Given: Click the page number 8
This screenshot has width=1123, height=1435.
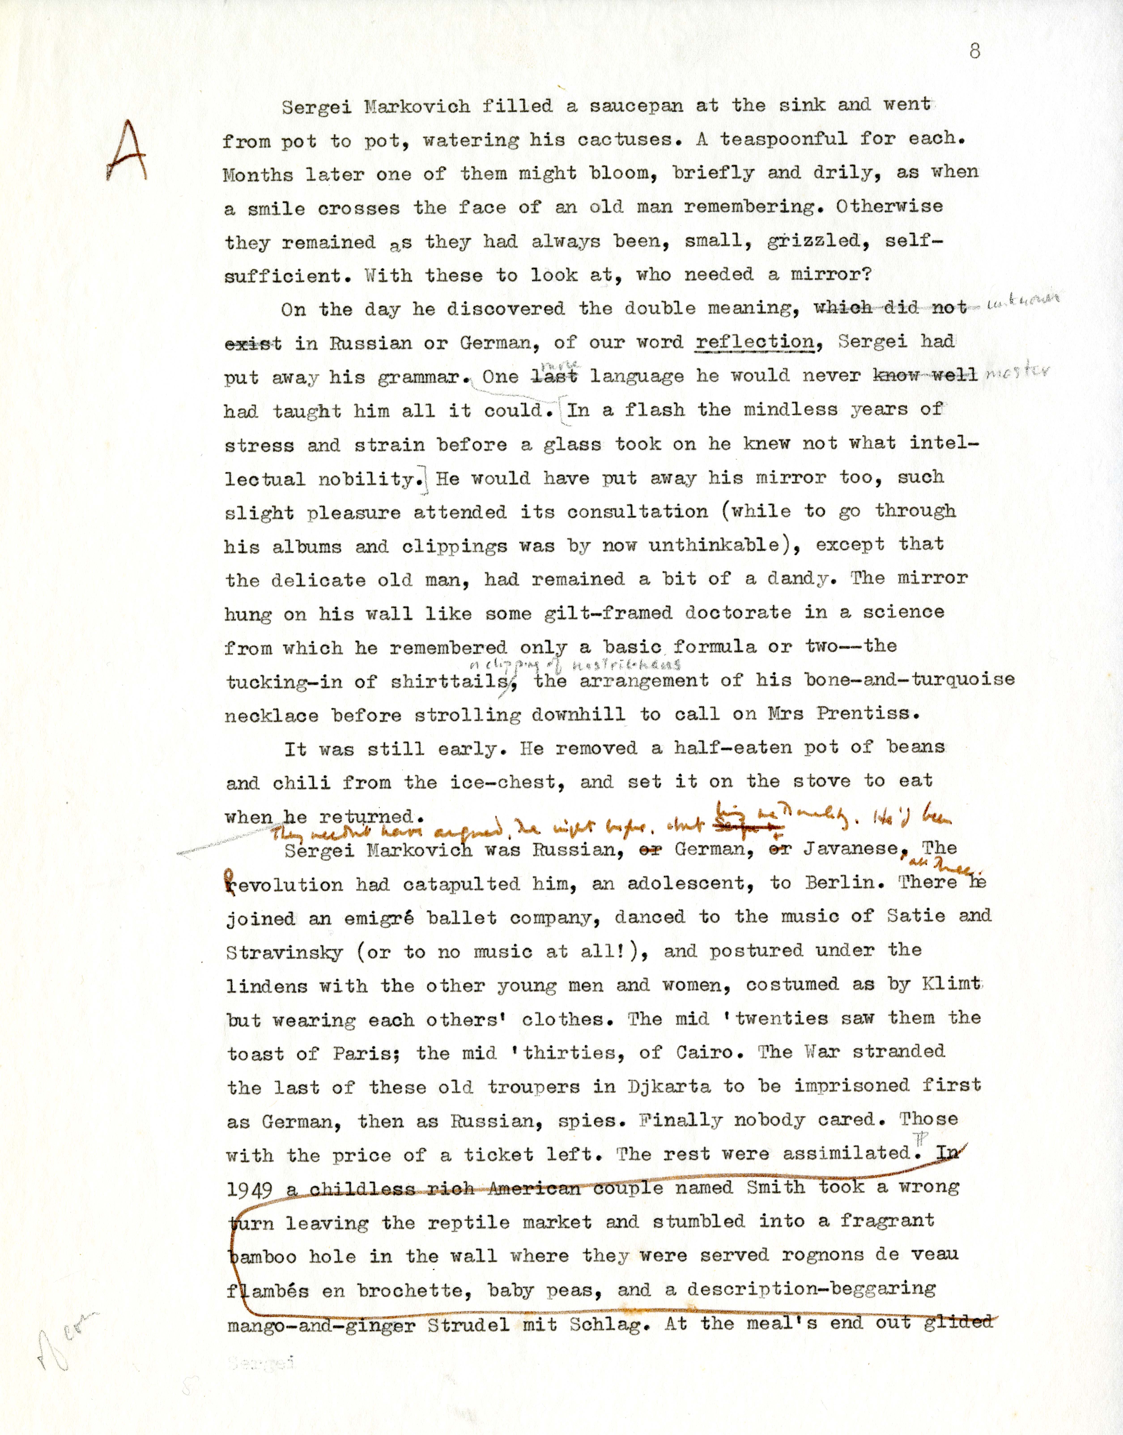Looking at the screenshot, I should (974, 51).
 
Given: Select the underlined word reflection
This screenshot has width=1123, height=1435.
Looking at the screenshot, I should (754, 342).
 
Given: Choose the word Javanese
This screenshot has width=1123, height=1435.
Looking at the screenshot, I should (851, 850).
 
